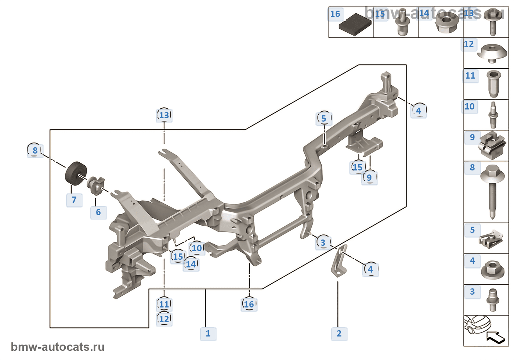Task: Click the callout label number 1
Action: tap(208, 334)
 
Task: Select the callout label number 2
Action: tap(339, 334)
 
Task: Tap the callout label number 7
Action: tap(74, 200)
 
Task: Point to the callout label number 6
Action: tap(98, 212)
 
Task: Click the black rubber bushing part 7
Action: tap(76, 173)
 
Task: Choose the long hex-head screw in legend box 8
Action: tap(492, 191)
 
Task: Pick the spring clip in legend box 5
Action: tap(491, 240)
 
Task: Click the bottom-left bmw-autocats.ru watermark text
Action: tap(58, 347)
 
